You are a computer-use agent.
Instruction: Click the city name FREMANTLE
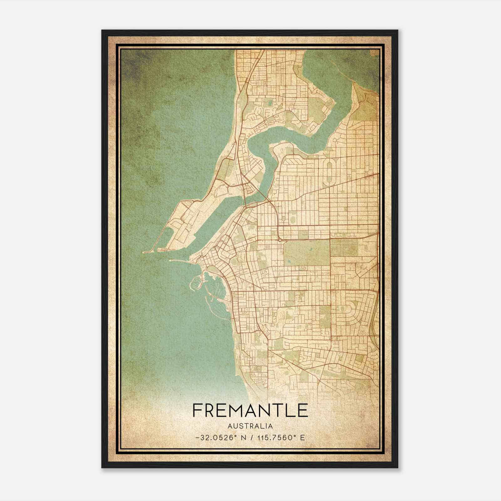pos(250,410)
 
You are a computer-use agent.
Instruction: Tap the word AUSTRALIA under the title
pos(250,426)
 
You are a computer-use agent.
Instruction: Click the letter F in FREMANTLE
pos(198,410)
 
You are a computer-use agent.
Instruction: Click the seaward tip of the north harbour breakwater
pos(143,252)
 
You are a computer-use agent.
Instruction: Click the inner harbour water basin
pos(213,219)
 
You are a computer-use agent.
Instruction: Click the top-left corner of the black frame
pos(102,31)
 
